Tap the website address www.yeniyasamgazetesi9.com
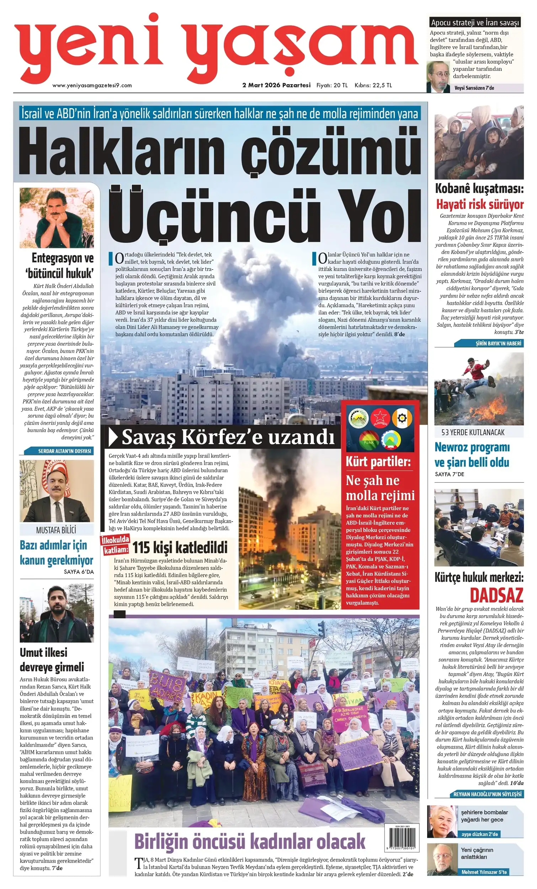click(92, 85)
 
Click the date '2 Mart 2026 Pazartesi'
click(276, 85)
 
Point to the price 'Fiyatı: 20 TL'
click(332, 85)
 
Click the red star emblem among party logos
click(380, 418)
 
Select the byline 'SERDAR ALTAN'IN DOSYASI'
click(64, 451)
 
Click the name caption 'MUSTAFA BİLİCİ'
click(56, 530)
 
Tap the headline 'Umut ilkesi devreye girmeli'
click(52, 660)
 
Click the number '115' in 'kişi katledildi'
click(141, 548)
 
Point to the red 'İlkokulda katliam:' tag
click(116, 545)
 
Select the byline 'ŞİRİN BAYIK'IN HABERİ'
click(498, 344)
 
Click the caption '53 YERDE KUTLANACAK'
click(473, 432)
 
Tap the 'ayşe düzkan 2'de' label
click(479, 834)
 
